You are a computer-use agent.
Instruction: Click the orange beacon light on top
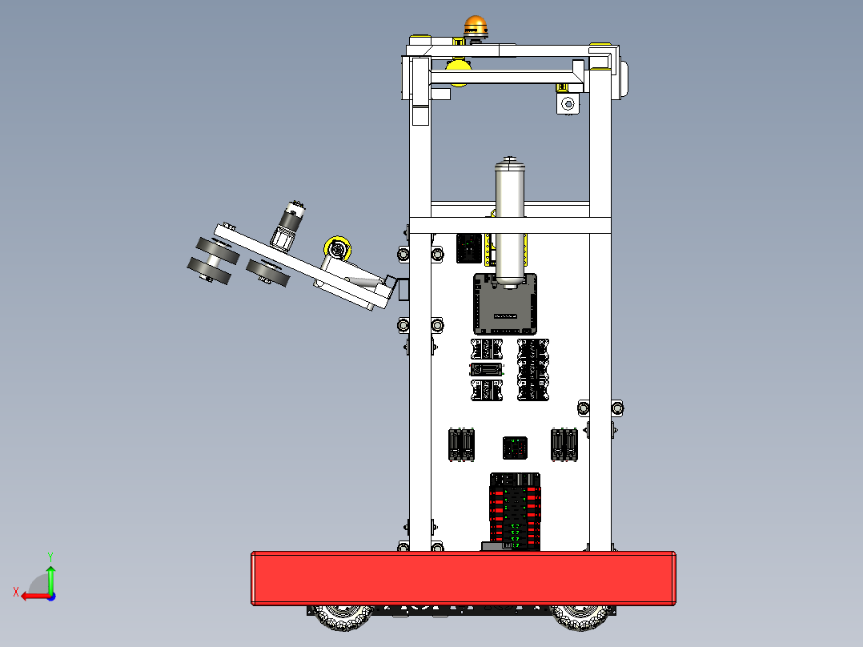475,26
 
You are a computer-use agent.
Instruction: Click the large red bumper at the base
464,577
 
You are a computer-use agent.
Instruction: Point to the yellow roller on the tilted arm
339,247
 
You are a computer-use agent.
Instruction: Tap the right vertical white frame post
600,320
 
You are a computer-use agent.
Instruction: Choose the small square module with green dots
514,448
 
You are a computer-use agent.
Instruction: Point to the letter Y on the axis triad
50,555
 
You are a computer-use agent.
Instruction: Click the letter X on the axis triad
16,593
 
